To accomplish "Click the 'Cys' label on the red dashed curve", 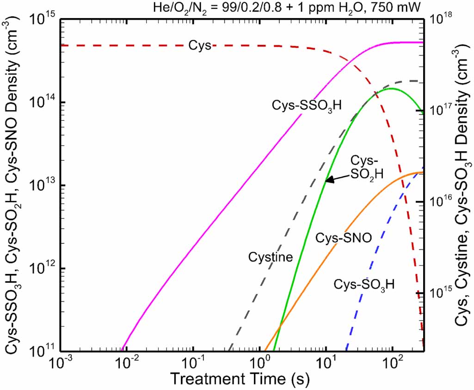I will [x=200, y=45].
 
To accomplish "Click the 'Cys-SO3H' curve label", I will [x=364, y=284].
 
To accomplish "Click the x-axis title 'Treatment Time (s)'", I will [x=240, y=379].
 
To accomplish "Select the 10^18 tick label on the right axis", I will [x=443, y=19].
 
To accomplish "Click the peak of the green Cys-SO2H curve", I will [x=392, y=88].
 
